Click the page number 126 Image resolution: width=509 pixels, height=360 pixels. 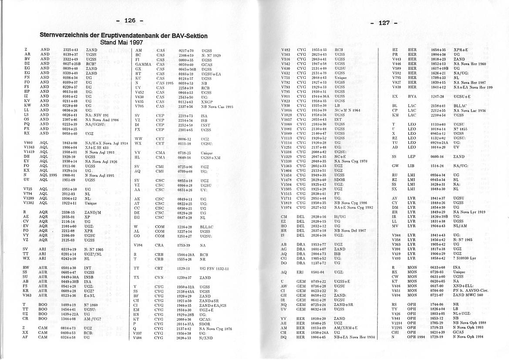pyautogui.click(x=130, y=20)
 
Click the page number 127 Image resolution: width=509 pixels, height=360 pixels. pyautogui.click(x=384, y=23)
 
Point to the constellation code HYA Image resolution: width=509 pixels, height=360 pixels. pyautogui.click(x=412, y=96)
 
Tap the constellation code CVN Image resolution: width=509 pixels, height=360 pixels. pyautogui.click(x=160, y=278)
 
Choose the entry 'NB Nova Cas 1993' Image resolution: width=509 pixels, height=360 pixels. pyautogui.click(x=217, y=106)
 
